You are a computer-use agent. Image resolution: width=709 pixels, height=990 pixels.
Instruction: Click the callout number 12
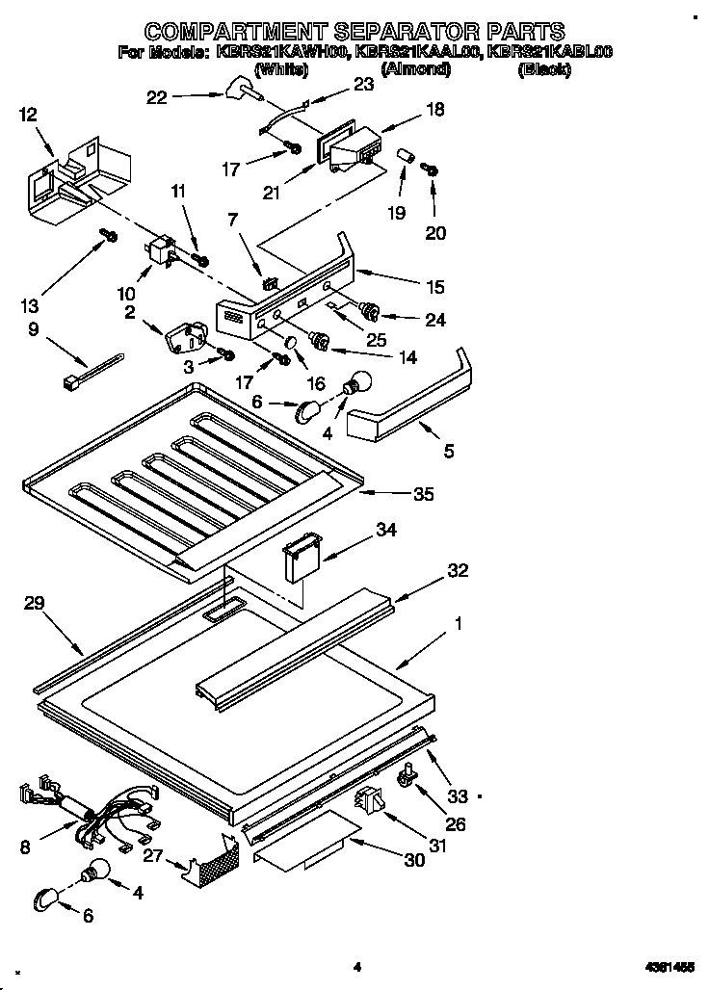(x=28, y=115)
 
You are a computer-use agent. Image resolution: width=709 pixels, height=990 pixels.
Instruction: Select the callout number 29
(x=35, y=604)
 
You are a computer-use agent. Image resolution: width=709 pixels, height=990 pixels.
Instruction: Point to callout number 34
(x=386, y=531)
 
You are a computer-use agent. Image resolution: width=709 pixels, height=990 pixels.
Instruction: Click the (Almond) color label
(x=415, y=69)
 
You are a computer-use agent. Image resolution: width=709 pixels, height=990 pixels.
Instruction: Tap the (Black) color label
(x=544, y=69)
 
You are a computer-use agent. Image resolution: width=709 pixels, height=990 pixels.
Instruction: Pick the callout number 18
(x=434, y=110)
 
